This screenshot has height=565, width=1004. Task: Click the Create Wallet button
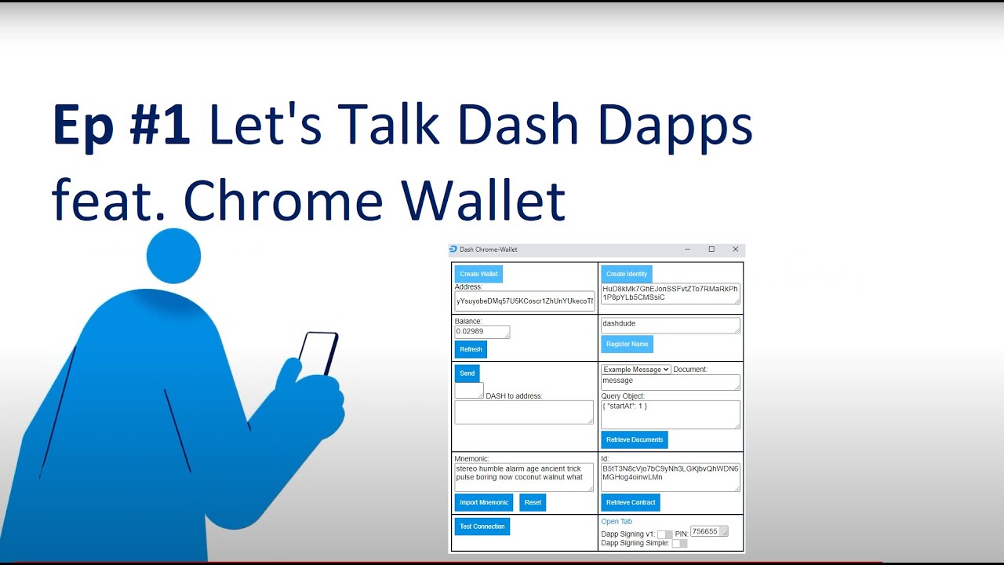coord(478,274)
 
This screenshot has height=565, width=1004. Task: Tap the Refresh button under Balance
coord(471,349)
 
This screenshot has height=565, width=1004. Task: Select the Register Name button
coord(627,344)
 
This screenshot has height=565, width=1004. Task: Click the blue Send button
coord(467,374)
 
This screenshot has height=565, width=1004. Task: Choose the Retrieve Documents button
coord(635,439)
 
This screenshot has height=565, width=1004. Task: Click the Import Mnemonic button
coord(484,502)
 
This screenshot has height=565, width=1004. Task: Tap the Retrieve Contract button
coord(631,502)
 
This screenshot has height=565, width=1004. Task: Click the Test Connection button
coord(482,527)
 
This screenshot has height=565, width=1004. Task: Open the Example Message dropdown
coord(635,370)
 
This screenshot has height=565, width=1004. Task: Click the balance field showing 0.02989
coord(482,332)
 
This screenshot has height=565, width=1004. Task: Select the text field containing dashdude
coord(670,324)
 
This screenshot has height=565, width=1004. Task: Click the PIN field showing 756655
coord(709,531)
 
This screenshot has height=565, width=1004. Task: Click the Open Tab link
coord(617,521)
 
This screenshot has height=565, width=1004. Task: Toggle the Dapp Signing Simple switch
coord(679,543)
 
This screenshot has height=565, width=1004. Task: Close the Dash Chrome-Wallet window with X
coord(735,250)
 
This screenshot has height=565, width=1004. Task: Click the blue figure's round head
coord(173,256)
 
